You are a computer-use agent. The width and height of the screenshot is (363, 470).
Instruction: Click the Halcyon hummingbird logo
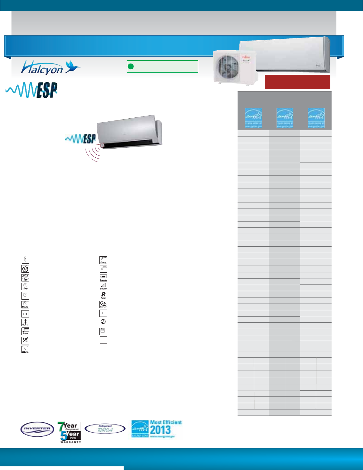coord(50,67)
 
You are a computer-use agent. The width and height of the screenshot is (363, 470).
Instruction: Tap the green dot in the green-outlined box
coord(131,66)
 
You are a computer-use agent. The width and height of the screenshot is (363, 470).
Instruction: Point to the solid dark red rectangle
coord(297,82)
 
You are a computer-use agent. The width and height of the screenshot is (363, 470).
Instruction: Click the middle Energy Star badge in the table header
coord(285,118)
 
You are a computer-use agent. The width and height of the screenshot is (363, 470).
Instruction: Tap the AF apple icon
coord(25,269)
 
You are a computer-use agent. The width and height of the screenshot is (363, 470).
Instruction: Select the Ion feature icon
coord(25,278)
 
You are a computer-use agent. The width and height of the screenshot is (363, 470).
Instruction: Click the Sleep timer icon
coord(25,287)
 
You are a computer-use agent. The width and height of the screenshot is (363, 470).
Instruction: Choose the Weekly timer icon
coord(25,304)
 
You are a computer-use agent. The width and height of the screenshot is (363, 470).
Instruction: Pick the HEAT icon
coord(25,349)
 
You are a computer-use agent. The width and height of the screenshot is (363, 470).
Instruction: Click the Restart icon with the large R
coord(103,295)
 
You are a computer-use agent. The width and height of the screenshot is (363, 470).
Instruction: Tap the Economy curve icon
coord(103,260)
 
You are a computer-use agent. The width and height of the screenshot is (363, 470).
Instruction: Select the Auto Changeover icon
coord(103,304)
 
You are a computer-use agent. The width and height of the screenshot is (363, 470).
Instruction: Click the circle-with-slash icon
coord(103,322)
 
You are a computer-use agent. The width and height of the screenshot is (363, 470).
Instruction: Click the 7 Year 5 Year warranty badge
coord(70,432)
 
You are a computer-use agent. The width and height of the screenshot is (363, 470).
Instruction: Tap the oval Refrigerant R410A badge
coord(105,429)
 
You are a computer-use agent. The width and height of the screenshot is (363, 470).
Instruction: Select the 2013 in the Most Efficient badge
coord(160,430)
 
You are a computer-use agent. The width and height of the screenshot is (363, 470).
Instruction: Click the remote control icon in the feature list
coord(25,260)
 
